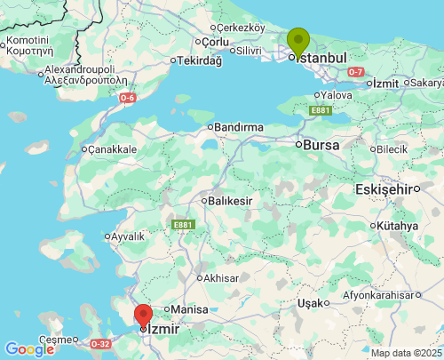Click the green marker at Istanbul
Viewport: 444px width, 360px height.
point(298,41)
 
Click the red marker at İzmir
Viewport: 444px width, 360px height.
point(143,315)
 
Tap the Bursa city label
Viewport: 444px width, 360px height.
point(321,144)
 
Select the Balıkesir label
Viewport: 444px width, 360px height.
point(231,201)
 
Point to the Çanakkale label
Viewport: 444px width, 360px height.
point(112,149)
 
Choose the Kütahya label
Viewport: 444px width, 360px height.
point(396,226)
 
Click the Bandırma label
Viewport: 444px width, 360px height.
point(239,127)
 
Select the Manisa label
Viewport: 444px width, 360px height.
point(188,308)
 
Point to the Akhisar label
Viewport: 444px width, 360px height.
point(221,277)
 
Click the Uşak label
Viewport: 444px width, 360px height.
point(312,303)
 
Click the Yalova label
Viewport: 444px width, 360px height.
point(337,94)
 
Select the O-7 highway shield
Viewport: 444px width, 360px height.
point(356,71)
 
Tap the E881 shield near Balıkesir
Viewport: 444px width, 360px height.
point(183,225)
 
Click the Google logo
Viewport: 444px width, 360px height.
point(29,349)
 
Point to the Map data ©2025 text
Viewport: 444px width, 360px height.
point(404,353)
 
